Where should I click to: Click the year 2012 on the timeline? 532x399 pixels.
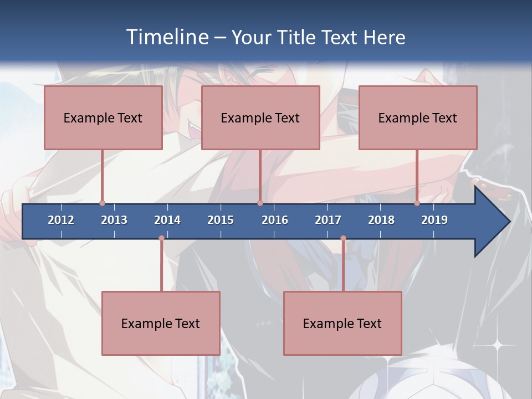coord(61,220)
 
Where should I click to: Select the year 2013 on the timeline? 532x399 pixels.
coord(114,220)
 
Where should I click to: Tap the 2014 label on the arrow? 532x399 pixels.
coord(167,220)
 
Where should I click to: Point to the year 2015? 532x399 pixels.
coord(221,220)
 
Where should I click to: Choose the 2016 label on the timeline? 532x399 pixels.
coord(275,220)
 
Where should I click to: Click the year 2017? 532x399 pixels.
coord(328,220)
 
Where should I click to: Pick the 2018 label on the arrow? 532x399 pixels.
coord(381,220)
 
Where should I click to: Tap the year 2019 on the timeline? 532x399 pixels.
coord(434,220)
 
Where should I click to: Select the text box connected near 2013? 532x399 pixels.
coord(103,117)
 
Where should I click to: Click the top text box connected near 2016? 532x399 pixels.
coord(260,117)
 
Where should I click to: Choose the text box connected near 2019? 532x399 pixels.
coord(418,117)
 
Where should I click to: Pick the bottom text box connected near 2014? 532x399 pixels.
coord(161,323)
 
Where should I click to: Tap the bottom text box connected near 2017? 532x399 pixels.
coord(342,323)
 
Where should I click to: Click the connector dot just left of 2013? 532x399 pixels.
coord(102,203)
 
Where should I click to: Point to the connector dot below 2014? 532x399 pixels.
coord(161,238)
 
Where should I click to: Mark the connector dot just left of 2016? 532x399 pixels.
coord(260,203)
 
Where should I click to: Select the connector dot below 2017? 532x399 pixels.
coord(343,238)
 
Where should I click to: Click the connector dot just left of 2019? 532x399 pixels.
coord(417,203)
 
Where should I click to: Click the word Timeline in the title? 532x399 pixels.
coord(168,37)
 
